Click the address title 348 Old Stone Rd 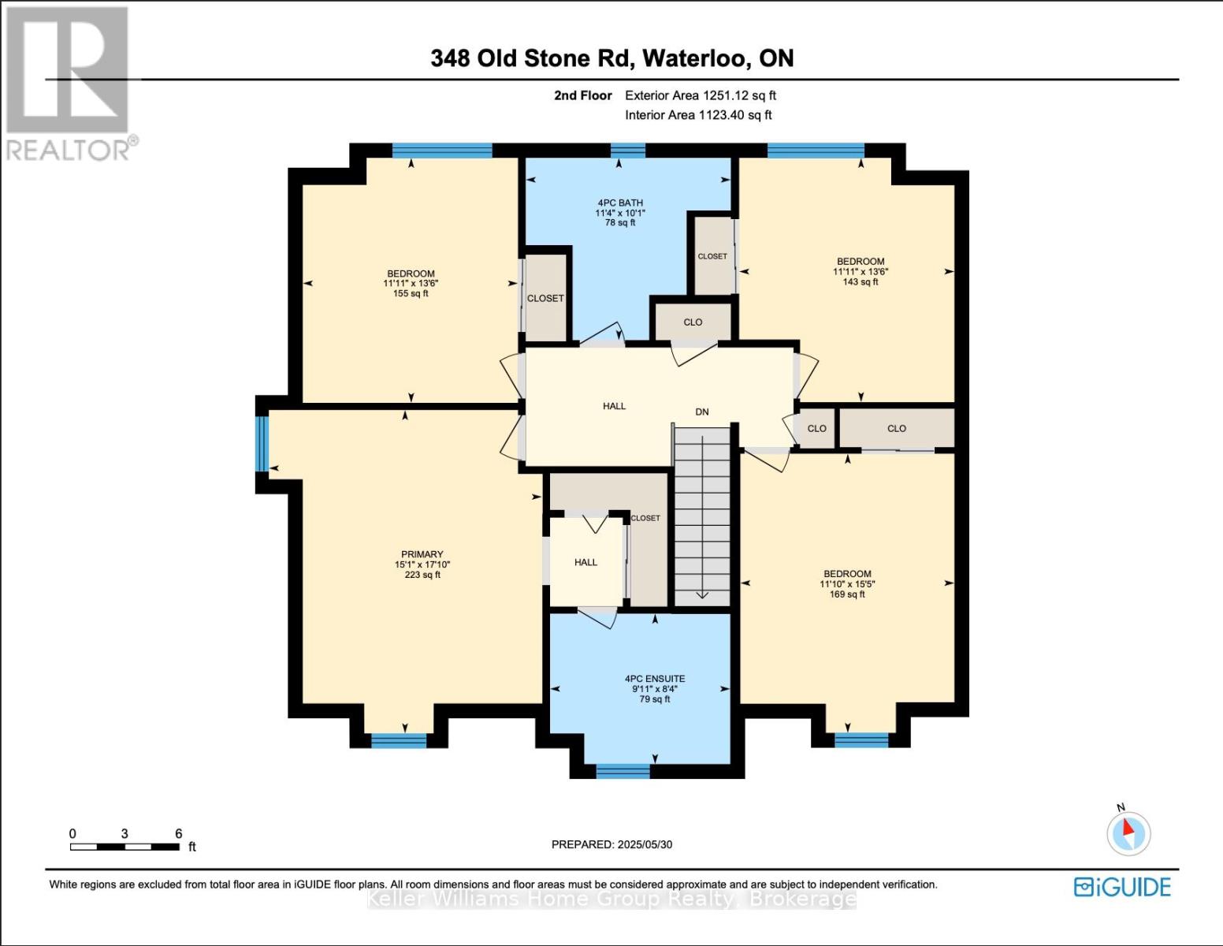pyautogui.click(x=611, y=58)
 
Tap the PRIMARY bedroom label pyautogui.click(x=422, y=554)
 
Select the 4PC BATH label pyautogui.click(x=620, y=203)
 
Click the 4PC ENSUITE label pyautogui.click(x=654, y=679)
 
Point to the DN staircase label pyautogui.click(x=701, y=412)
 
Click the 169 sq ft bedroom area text pyautogui.click(x=847, y=594)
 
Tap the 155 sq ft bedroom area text pyautogui.click(x=411, y=293)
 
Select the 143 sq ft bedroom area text pyautogui.click(x=860, y=281)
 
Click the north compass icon pyautogui.click(x=1128, y=832)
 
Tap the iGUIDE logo pyautogui.click(x=1122, y=887)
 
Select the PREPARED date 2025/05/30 pyautogui.click(x=611, y=844)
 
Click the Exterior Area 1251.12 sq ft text pyautogui.click(x=700, y=95)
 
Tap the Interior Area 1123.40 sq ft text pyautogui.click(x=698, y=115)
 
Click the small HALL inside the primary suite pyautogui.click(x=585, y=562)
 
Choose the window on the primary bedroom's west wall pyautogui.click(x=262, y=443)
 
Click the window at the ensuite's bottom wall pyautogui.click(x=623, y=771)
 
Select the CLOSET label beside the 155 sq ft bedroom pyautogui.click(x=545, y=298)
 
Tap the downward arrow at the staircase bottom pyautogui.click(x=701, y=595)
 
